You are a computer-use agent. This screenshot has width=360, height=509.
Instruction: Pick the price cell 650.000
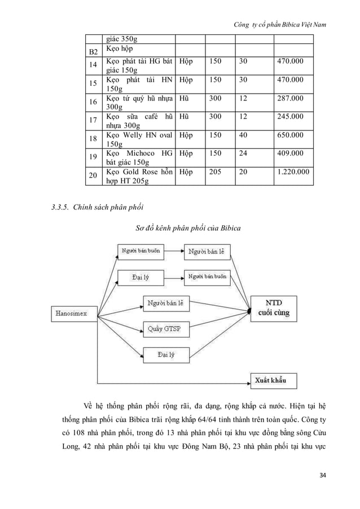(x=289, y=136)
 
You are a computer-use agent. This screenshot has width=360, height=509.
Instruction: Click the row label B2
(x=90, y=52)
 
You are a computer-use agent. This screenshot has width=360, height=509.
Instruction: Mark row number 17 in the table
(x=90, y=120)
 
